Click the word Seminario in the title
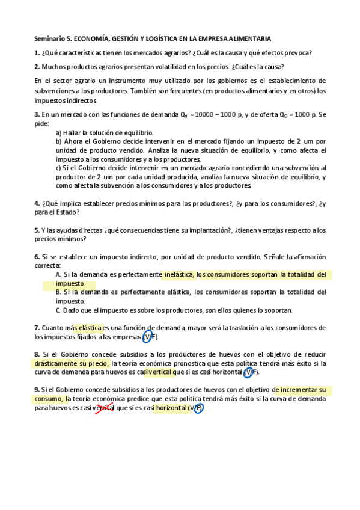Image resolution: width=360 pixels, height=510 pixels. point(48,37)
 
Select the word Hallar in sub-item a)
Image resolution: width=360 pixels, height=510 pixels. point(77,132)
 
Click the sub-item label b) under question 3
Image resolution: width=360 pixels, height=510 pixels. point(59,141)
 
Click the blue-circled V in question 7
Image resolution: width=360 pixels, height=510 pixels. point(146,337)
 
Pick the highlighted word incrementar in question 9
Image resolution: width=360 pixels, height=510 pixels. point(299,390)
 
